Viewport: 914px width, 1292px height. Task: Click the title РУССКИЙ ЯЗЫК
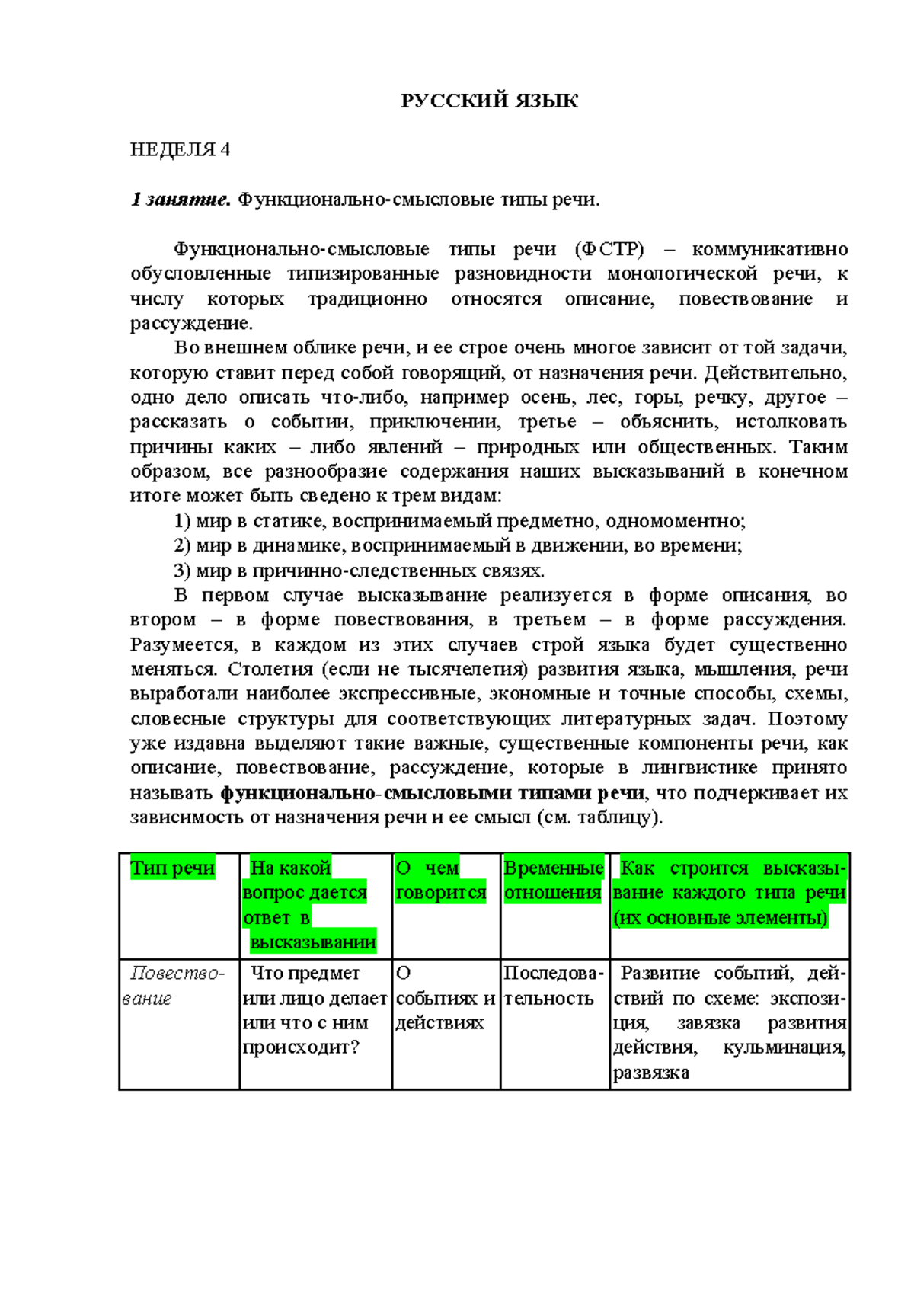489,101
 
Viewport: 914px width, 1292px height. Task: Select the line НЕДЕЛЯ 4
180,149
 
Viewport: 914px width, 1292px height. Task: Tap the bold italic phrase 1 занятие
180,200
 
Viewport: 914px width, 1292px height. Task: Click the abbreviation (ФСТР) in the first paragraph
609,249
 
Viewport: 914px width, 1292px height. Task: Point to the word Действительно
775,373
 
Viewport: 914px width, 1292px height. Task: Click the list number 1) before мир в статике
182,521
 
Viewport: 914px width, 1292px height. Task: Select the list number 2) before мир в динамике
182,545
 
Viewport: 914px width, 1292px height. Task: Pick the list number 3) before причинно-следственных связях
182,571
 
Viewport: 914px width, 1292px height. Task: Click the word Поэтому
807,718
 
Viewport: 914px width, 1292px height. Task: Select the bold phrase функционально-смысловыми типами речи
433,793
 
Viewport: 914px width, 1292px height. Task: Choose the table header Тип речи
173,868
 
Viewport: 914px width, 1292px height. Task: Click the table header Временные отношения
554,880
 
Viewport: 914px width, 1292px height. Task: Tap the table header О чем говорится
441,880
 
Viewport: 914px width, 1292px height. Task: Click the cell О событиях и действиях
445,998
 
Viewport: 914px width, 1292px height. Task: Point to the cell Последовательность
553,985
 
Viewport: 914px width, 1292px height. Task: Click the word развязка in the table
650,1073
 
